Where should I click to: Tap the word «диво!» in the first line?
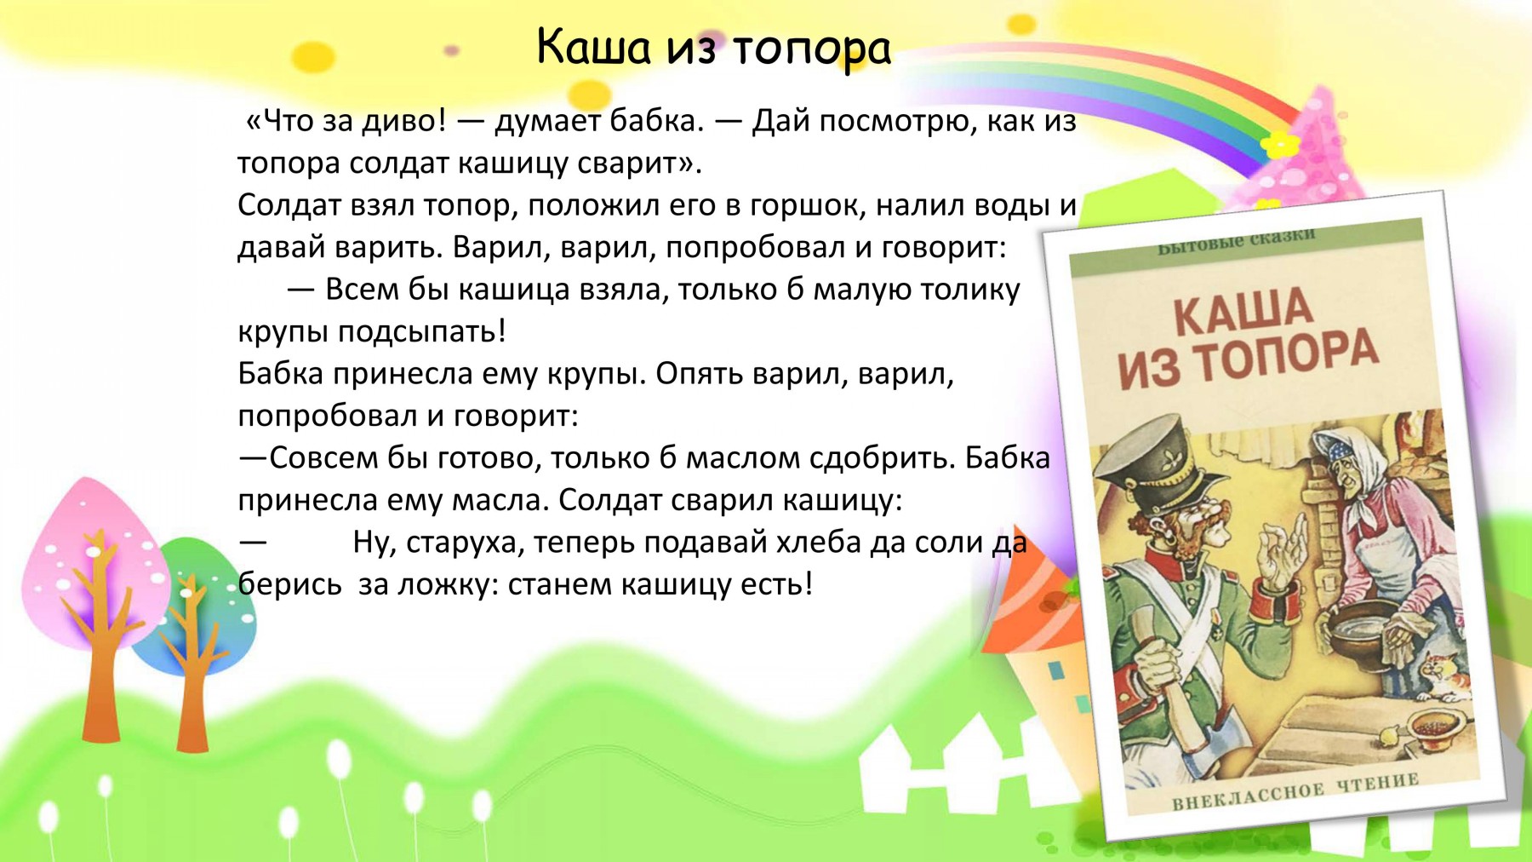pyautogui.click(x=404, y=122)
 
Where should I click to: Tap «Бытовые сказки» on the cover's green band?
pyautogui.click(x=1237, y=242)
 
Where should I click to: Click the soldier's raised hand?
pyautogui.click(x=1281, y=554)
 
